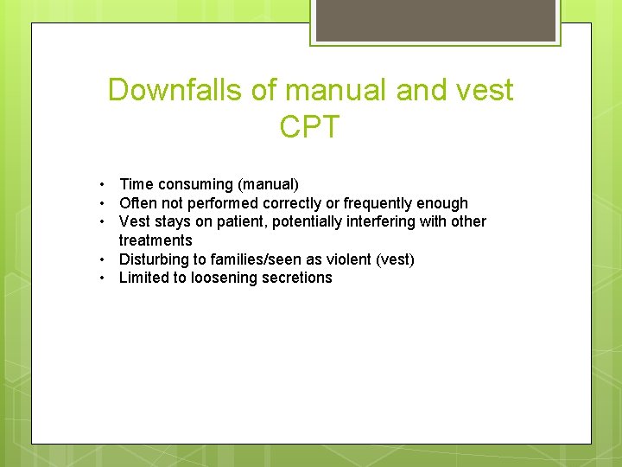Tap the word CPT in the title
tap(310, 127)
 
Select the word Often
tap(138, 203)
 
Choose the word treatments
tap(155, 240)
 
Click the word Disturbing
tap(154, 259)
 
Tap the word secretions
tap(299, 278)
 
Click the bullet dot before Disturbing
tap(102, 259)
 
